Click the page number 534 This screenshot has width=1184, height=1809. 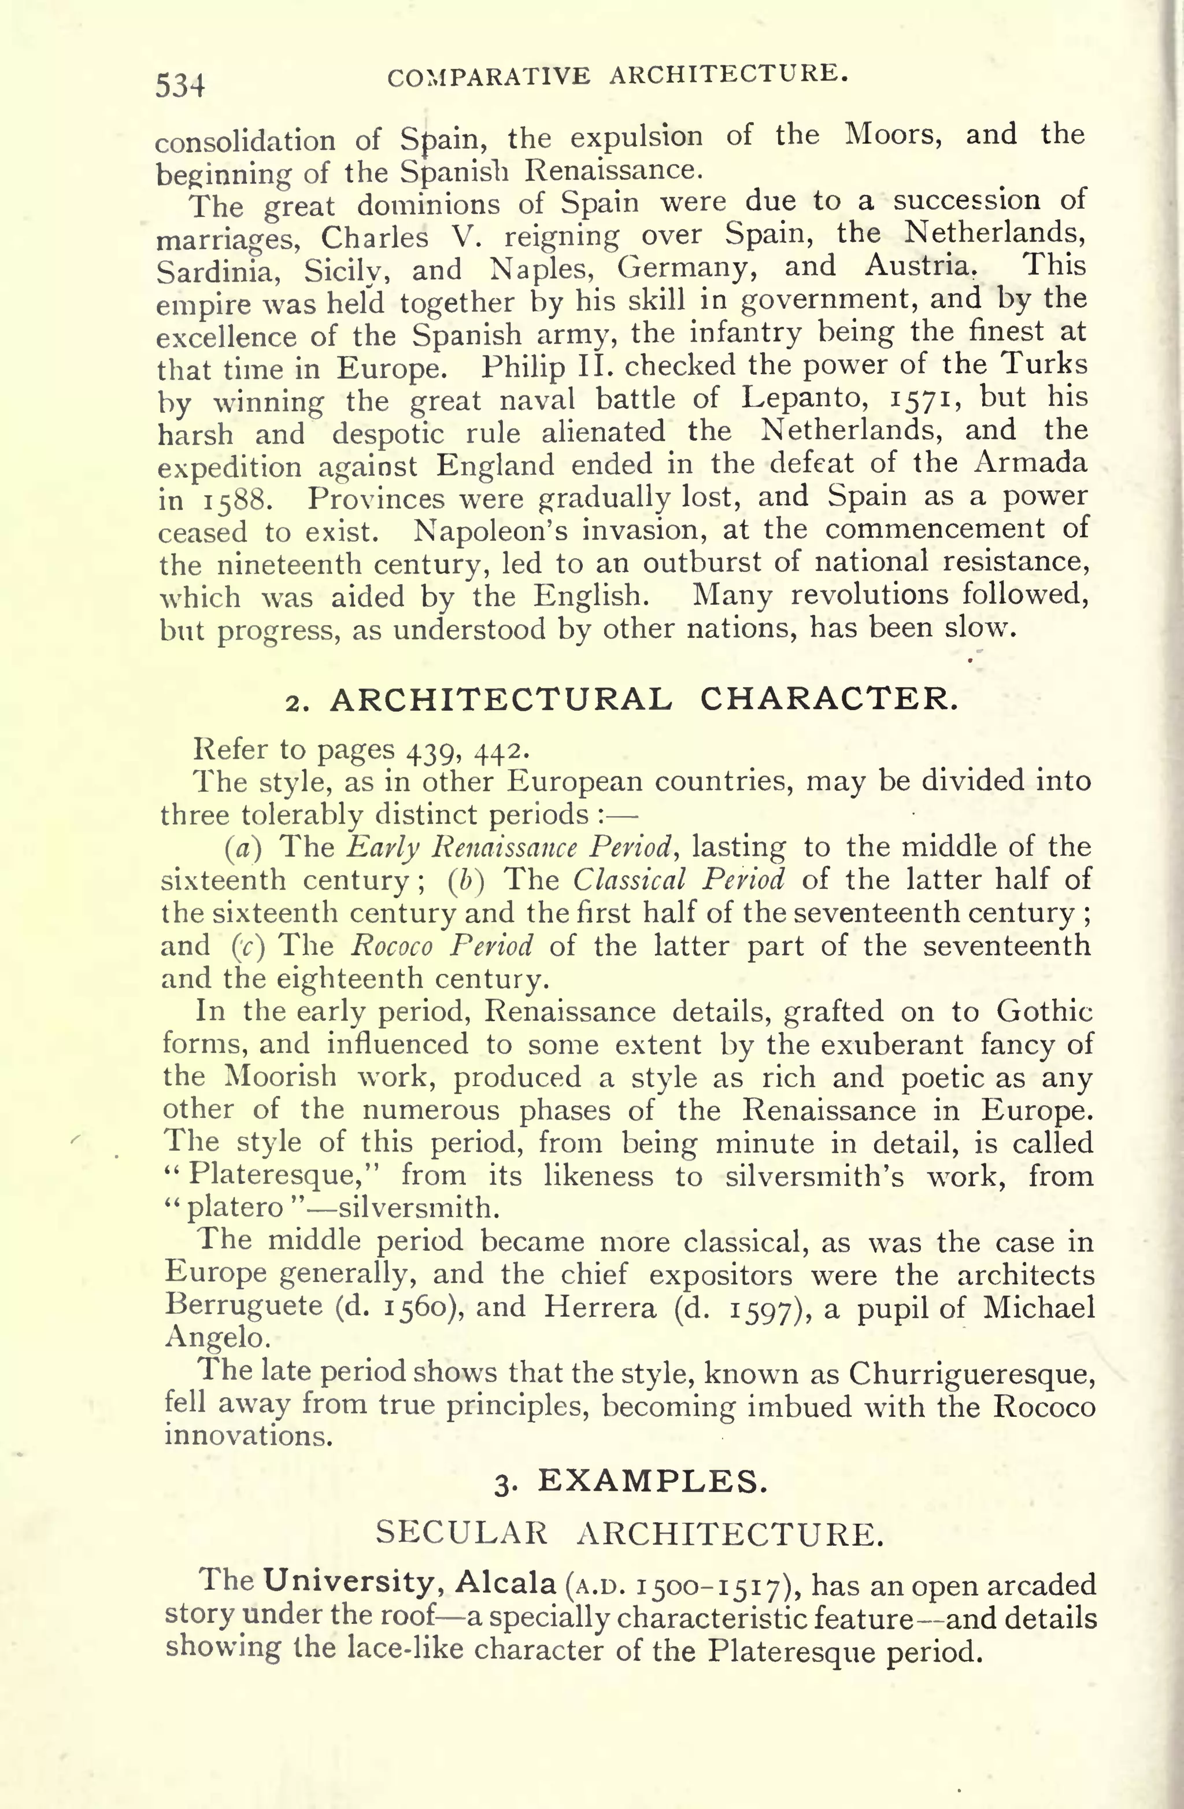[x=180, y=85]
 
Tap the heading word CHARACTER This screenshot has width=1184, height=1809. [x=828, y=699]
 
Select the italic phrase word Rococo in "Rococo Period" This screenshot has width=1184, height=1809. [x=392, y=946]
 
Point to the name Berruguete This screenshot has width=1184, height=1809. [x=244, y=1306]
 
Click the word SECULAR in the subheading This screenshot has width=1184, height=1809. [x=461, y=1533]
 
